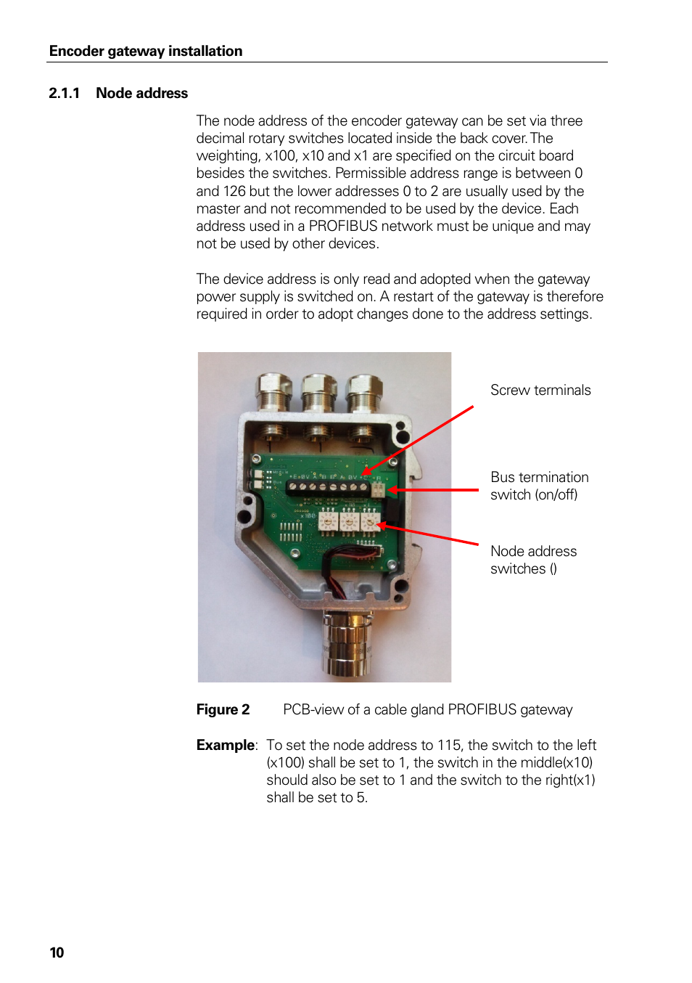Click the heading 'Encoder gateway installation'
tap(146, 51)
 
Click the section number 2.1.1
tap(64, 93)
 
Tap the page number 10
tap(57, 953)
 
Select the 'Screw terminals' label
tap(540, 390)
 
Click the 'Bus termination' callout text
tap(539, 477)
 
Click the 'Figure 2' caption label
tap(223, 709)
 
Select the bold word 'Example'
tap(225, 745)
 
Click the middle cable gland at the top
tap(318, 392)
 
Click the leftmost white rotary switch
tap(328, 521)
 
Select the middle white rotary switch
tap(350, 521)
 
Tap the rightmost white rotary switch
tap(370, 521)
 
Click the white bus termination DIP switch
tap(377, 490)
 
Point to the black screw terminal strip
tap(328, 487)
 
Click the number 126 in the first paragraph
tap(234, 191)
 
